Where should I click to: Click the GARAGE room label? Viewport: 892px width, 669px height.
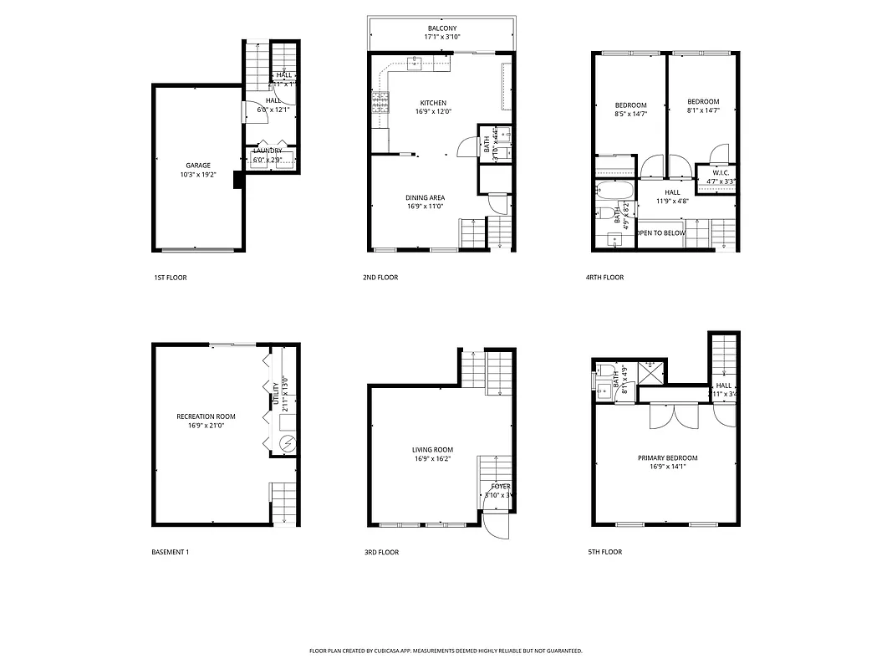(x=198, y=166)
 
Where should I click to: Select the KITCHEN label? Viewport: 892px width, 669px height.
(x=433, y=103)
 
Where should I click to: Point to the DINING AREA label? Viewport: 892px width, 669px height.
(x=425, y=197)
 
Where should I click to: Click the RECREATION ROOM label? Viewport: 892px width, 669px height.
(x=206, y=416)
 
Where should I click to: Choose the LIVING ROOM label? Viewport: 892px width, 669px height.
(x=432, y=450)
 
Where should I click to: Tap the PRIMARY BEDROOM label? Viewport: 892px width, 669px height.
(x=667, y=457)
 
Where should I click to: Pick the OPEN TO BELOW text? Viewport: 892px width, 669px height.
(x=661, y=233)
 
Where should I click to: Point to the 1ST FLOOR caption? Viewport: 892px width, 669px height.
(x=171, y=278)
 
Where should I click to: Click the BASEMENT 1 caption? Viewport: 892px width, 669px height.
(x=171, y=552)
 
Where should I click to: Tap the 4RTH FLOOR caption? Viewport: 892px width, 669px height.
(x=604, y=278)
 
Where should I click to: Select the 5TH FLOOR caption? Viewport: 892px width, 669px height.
(x=604, y=552)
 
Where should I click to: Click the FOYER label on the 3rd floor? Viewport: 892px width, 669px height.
(x=500, y=486)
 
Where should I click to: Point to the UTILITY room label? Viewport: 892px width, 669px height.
(x=276, y=394)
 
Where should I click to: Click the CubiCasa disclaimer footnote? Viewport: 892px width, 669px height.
(x=446, y=650)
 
